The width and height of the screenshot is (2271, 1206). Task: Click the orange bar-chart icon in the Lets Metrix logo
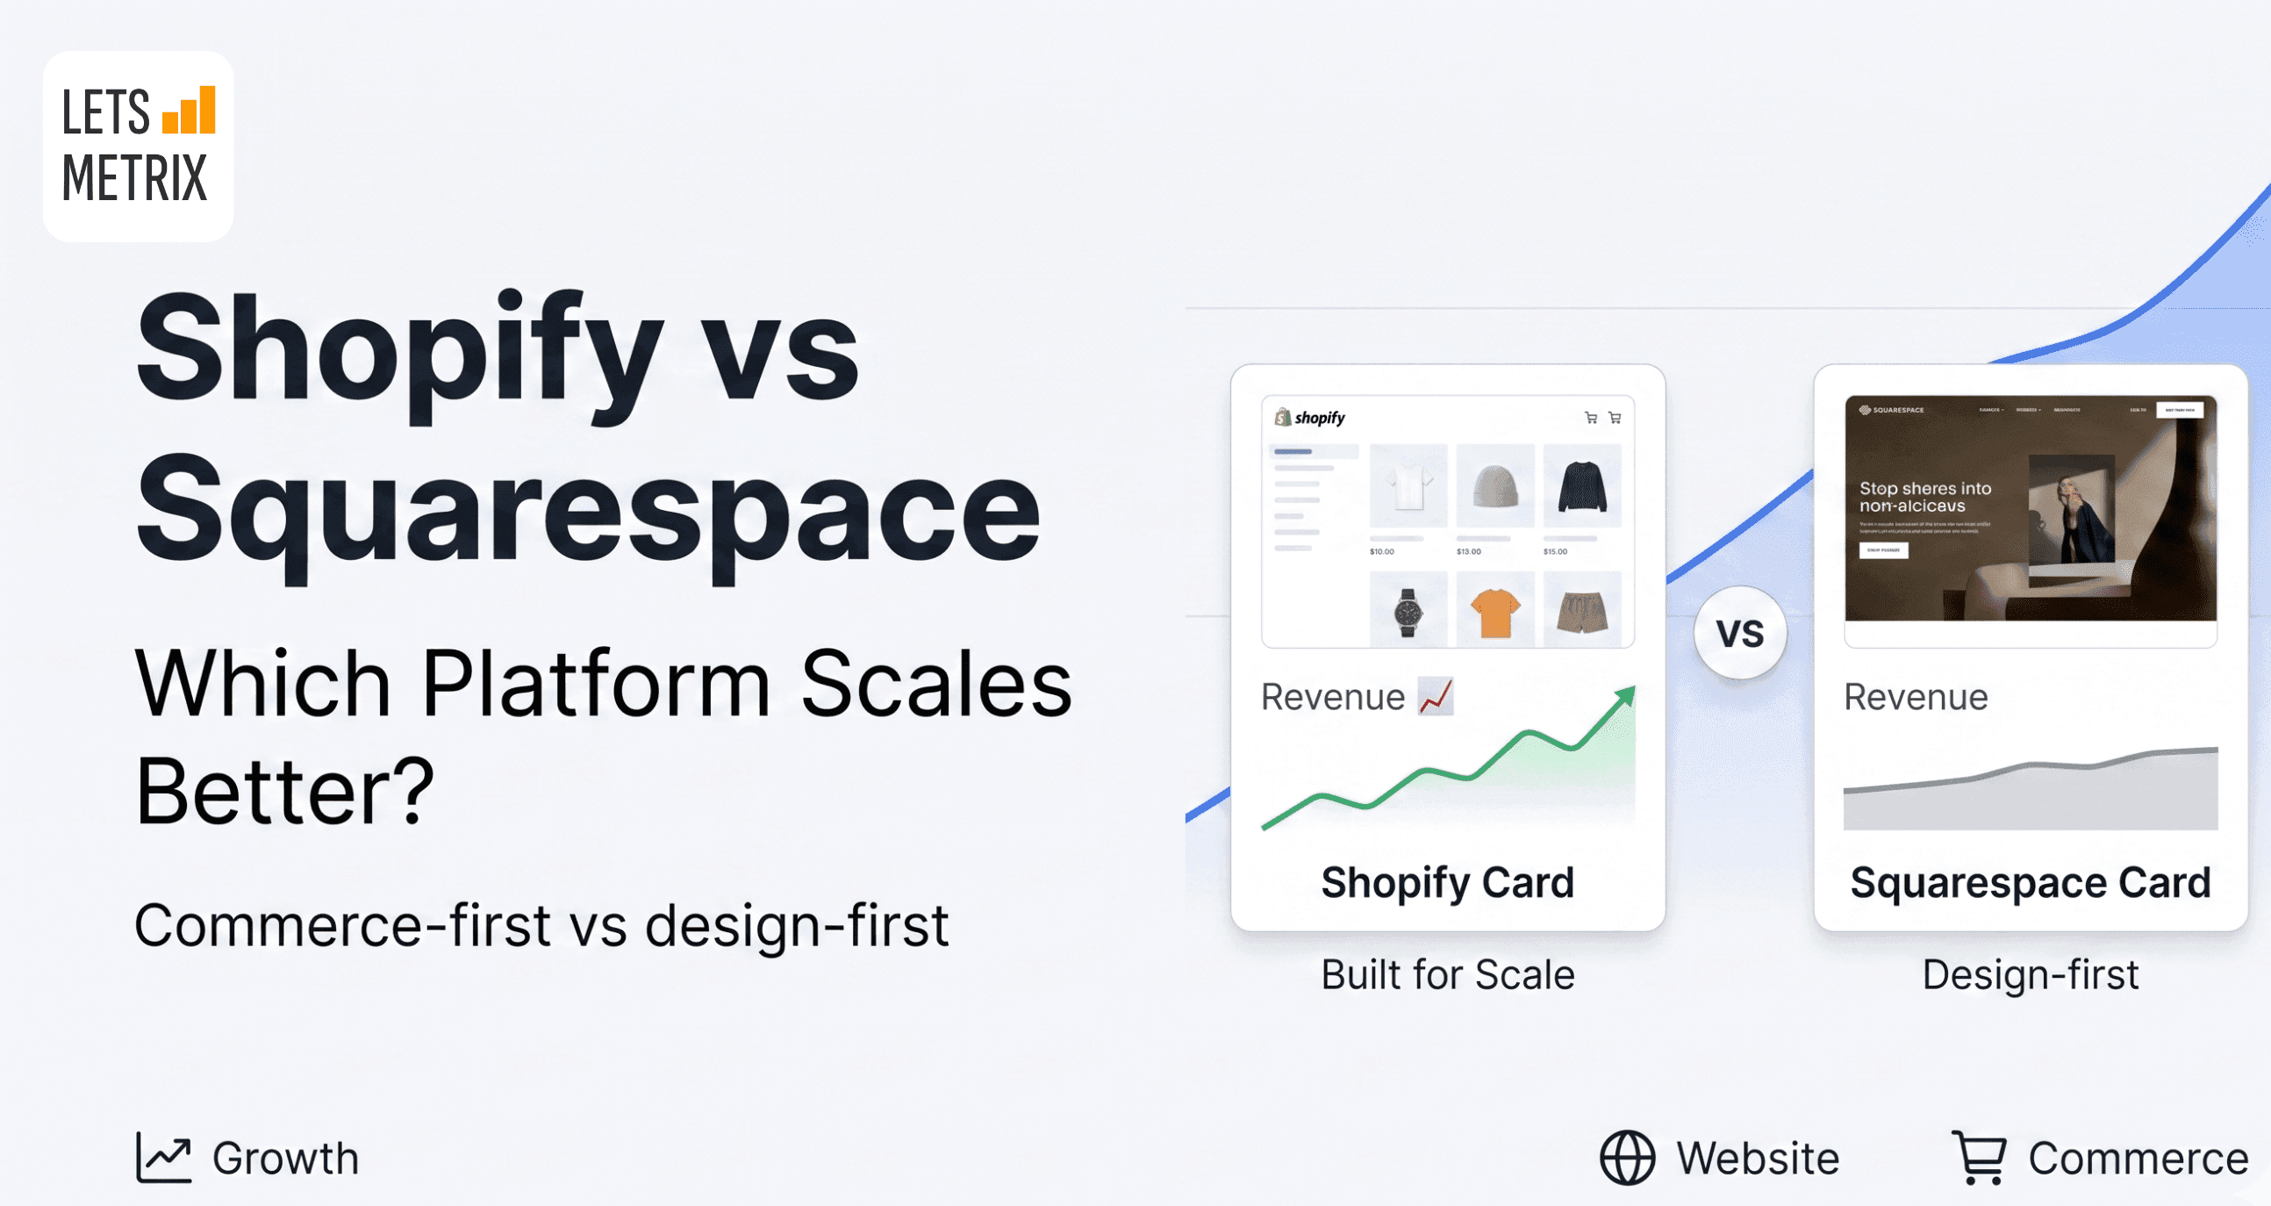pyautogui.click(x=190, y=111)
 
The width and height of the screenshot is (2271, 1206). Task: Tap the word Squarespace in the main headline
pyautogui.click(x=588, y=512)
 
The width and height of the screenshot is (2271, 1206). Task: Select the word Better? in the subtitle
pyautogui.click(x=285, y=791)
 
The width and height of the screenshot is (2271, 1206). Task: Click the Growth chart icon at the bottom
pyautogui.click(x=163, y=1157)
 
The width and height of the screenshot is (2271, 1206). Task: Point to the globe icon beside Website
pyautogui.click(x=1627, y=1157)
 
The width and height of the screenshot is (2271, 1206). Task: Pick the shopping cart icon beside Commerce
pyautogui.click(x=1979, y=1157)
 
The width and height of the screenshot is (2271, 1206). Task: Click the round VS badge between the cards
pyautogui.click(x=1739, y=633)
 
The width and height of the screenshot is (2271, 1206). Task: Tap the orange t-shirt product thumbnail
pyautogui.click(x=1495, y=611)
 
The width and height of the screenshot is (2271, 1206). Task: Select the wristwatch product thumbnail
pyautogui.click(x=1408, y=611)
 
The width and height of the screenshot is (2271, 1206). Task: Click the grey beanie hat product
pyautogui.click(x=1495, y=485)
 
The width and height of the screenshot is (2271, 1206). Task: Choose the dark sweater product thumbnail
pyautogui.click(x=1581, y=485)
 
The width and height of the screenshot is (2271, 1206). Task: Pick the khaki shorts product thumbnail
pyautogui.click(x=1581, y=611)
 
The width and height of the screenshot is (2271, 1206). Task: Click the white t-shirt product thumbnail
pyautogui.click(x=1408, y=485)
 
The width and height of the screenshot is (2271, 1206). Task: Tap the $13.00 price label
pyautogui.click(x=1469, y=552)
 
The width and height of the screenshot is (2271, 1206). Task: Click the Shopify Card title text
pyautogui.click(x=1448, y=882)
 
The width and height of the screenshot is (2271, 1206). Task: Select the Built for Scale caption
pyautogui.click(x=1448, y=975)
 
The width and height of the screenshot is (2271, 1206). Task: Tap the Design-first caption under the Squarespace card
pyautogui.click(x=2031, y=975)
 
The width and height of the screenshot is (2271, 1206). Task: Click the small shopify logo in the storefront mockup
pyautogui.click(x=1310, y=418)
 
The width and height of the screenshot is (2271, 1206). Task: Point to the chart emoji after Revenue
pyautogui.click(x=1436, y=696)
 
